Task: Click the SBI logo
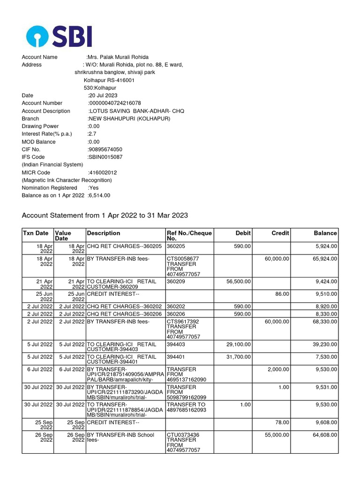[59, 36]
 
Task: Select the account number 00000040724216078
[114, 103]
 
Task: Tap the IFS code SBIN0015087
[105, 157]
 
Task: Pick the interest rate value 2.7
[92, 134]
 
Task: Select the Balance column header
[325, 233]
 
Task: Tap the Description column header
[103, 233]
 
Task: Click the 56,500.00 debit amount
[238, 282]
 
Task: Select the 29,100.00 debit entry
[238, 345]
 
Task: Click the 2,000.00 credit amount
[278, 369]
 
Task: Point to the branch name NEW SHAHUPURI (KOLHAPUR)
[129, 119]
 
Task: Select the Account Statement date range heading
[105, 216]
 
